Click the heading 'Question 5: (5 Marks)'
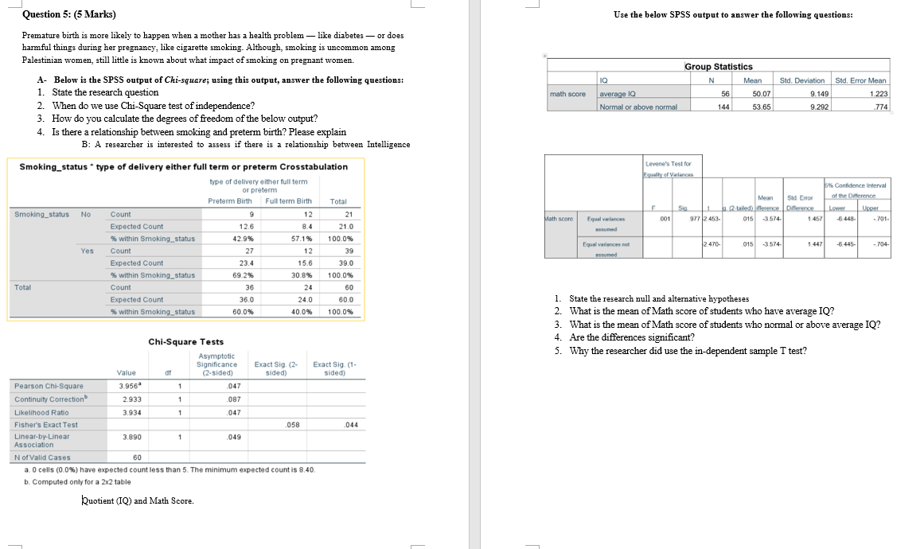pyautogui.click(x=69, y=14)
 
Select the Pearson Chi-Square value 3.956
pyautogui.click(x=126, y=385)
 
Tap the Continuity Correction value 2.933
pyautogui.click(x=127, y=399)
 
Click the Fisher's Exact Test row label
pyautogui.click(x=46, y=424)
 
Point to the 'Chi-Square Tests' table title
pyautogui.click(x=186, y=342)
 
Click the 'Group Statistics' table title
pyautogui.click(x=719, y=67)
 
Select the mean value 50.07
pyautogui.click(x=751, y=94)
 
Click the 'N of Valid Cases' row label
pyautogui.click(x=43, y=457)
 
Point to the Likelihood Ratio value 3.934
pyautogui.click(x=127, y=412)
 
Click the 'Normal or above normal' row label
pyautogui.click(x=637, y=107)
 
